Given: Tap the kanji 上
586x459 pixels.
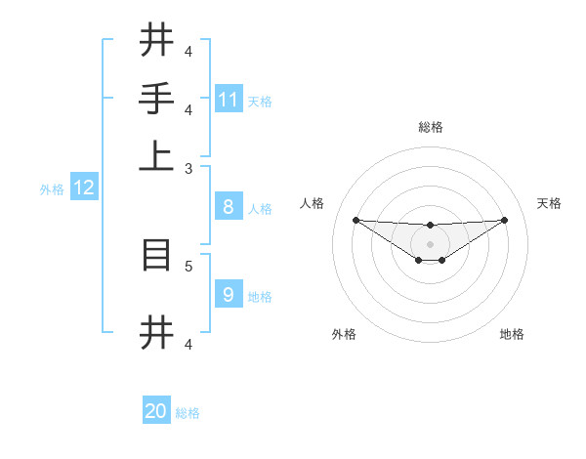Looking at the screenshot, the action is [x=157, y=156].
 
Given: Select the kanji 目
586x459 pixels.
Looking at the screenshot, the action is [x=157, y=255].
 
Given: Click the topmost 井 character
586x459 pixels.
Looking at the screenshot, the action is [x=157, y=40].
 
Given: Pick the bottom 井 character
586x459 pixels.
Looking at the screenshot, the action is [x=157, y=331].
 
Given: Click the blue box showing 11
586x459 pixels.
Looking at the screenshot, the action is [x=229, y=99].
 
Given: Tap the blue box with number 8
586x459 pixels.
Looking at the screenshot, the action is [x=229, y=207].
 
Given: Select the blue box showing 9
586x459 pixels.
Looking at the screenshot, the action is [x=229, y=294].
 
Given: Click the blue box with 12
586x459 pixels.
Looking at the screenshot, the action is [x=84, y=188].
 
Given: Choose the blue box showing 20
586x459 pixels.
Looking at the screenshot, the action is [x=156, y=411].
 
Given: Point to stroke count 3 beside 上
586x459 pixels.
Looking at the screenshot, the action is [x=188, y=168].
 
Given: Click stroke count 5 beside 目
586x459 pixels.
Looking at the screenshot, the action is [x=188, y=265].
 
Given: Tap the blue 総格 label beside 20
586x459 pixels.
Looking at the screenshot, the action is [x=188, y=413].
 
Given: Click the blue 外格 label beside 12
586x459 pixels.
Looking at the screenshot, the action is [x=52, y=189].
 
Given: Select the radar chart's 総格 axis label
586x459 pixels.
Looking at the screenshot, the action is [x=430, y=127].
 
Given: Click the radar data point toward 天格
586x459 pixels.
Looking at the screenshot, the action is [x=505, y=220].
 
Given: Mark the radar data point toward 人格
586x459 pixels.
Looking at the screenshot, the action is [x=356, y=220].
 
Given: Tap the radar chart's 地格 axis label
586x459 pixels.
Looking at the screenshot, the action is [x=512, y=334].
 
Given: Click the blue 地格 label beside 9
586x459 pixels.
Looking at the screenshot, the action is [x=260, y=296].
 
